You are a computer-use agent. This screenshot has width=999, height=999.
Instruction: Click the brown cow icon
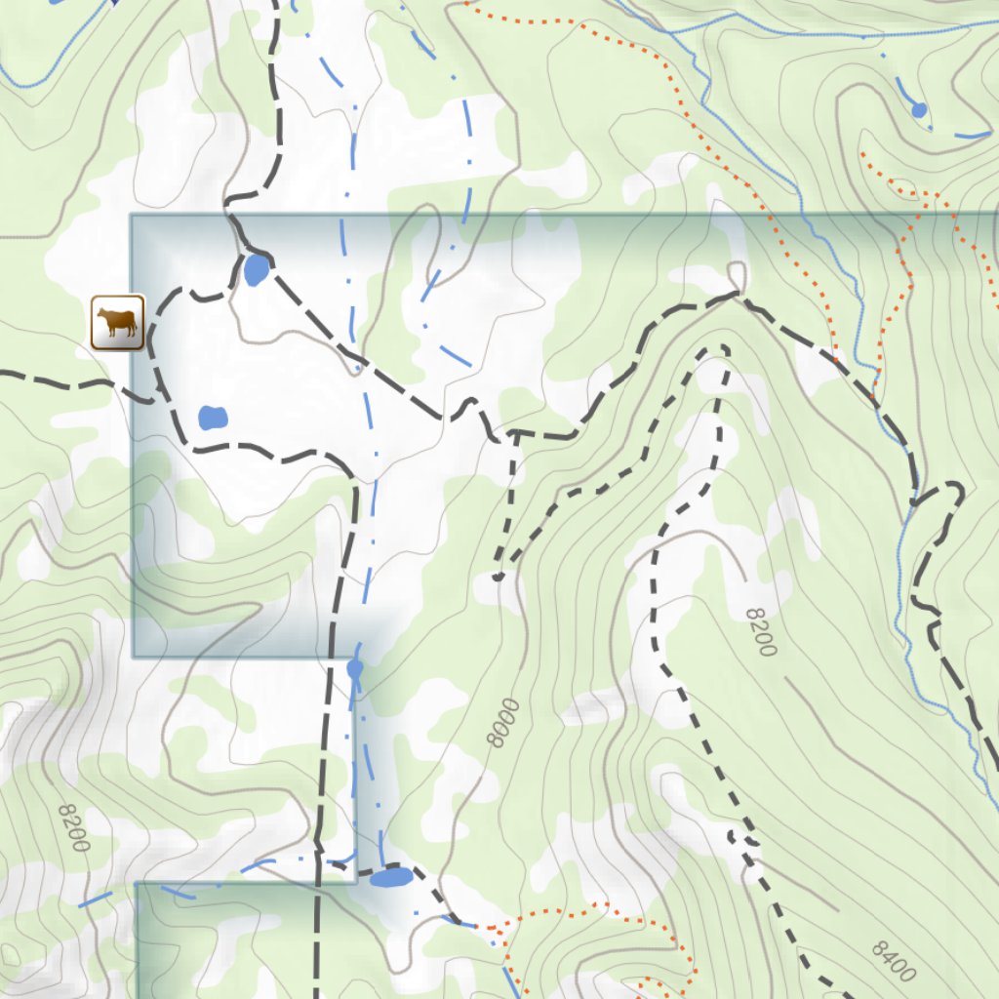[118, 322]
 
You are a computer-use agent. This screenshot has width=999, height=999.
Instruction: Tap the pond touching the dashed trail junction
[256, 269]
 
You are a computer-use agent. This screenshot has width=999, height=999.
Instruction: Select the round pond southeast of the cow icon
[213, 419]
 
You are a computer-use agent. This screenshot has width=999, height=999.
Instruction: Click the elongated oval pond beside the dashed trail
[391, 878]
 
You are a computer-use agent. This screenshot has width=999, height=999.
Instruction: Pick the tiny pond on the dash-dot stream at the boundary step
[355, 669]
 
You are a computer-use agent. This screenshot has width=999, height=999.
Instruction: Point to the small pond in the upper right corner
[918, 110]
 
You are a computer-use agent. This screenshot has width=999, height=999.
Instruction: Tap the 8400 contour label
[894, 961]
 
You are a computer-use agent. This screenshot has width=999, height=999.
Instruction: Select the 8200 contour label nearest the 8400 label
[760, 632]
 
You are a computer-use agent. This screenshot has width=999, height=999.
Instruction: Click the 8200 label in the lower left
[74, 827]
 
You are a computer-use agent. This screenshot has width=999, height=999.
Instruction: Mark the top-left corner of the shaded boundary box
[132, 216]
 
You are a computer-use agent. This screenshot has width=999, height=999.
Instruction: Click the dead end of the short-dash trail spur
[499, 577]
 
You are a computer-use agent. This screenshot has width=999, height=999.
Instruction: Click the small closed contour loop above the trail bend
[738, 274]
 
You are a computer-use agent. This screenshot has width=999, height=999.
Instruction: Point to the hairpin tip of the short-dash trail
[724, 348]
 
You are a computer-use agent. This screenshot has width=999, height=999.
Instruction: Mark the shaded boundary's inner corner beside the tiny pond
[353, 658]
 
